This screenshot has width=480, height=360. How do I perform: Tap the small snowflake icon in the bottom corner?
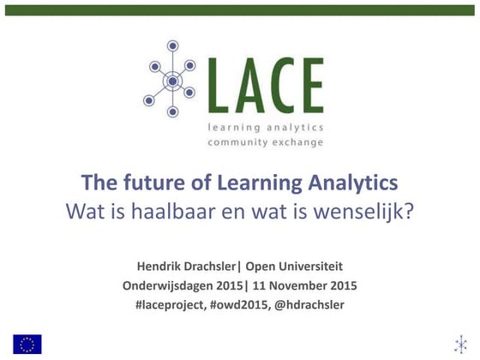(x=460, y=344)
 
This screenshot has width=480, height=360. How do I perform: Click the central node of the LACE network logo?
(x=172, y=81)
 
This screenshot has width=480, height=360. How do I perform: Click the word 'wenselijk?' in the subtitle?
(x=372, y=209)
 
